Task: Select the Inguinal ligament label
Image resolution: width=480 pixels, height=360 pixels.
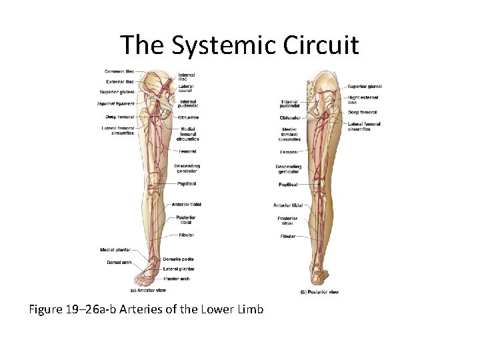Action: pyautogui.click(x=115, y=104)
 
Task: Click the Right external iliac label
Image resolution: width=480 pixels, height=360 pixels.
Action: pyautogui.click(x=362, y=100)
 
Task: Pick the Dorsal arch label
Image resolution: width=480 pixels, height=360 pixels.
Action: pyautogui.click(x=117, y=261)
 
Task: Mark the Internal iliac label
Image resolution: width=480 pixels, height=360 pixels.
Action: pyautogui.click(x=187, y=77)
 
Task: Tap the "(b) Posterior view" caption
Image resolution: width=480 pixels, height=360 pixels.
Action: pyautogui.click(x=321, y=292)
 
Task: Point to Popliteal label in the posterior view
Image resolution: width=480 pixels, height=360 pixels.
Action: pyautogui.click(x=288, y=185)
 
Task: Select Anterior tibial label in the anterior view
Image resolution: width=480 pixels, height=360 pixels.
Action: pyautogui.click(x=186, y=205)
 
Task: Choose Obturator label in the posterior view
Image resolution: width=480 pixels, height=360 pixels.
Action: pyautogui.click(x=290, y=118)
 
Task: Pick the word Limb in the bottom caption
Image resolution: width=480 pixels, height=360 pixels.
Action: pyautogui.click(x=249, y=309)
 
